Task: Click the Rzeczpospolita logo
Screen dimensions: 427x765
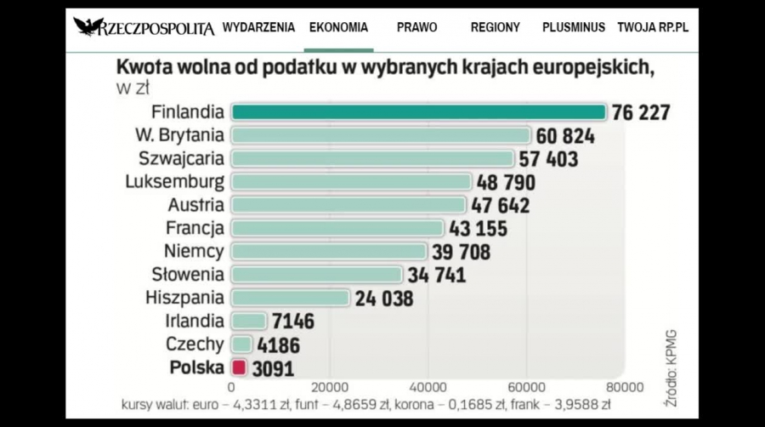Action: [x=144, y=27]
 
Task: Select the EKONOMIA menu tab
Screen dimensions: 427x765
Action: [x=338, y=27]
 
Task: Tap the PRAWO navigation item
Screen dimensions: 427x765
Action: [x=416, y=27]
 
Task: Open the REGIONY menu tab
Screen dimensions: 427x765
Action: [x=495, y=27]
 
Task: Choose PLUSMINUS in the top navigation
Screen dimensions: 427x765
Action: [x=574, y=27]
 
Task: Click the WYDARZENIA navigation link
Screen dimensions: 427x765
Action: [x=258, y=27]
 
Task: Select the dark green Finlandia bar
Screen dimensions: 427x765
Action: [x=418, y=112]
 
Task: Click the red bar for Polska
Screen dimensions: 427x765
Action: [x=239, y=367]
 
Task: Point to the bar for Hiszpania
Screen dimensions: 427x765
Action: [x=290, y=298]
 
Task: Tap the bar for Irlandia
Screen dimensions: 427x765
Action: [x=249, y=321]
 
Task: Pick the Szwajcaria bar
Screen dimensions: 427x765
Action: [x=372, y=158]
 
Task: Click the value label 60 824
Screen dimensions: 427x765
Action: [x=565, y=136]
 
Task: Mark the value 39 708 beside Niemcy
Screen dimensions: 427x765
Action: [x=461, y=252]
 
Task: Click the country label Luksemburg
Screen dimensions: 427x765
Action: [x=175, y=182]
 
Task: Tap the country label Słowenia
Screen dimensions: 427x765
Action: [x=188, y=275]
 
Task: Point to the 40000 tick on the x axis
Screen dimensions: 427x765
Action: [x=428, y=386]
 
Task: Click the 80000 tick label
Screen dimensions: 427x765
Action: [x=625, y=386]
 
